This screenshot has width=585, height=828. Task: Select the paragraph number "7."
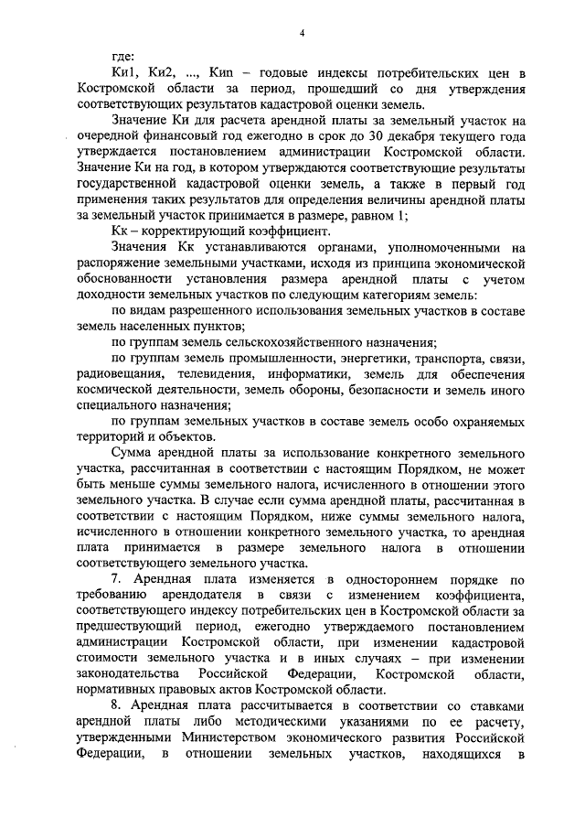pos(116,579)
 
